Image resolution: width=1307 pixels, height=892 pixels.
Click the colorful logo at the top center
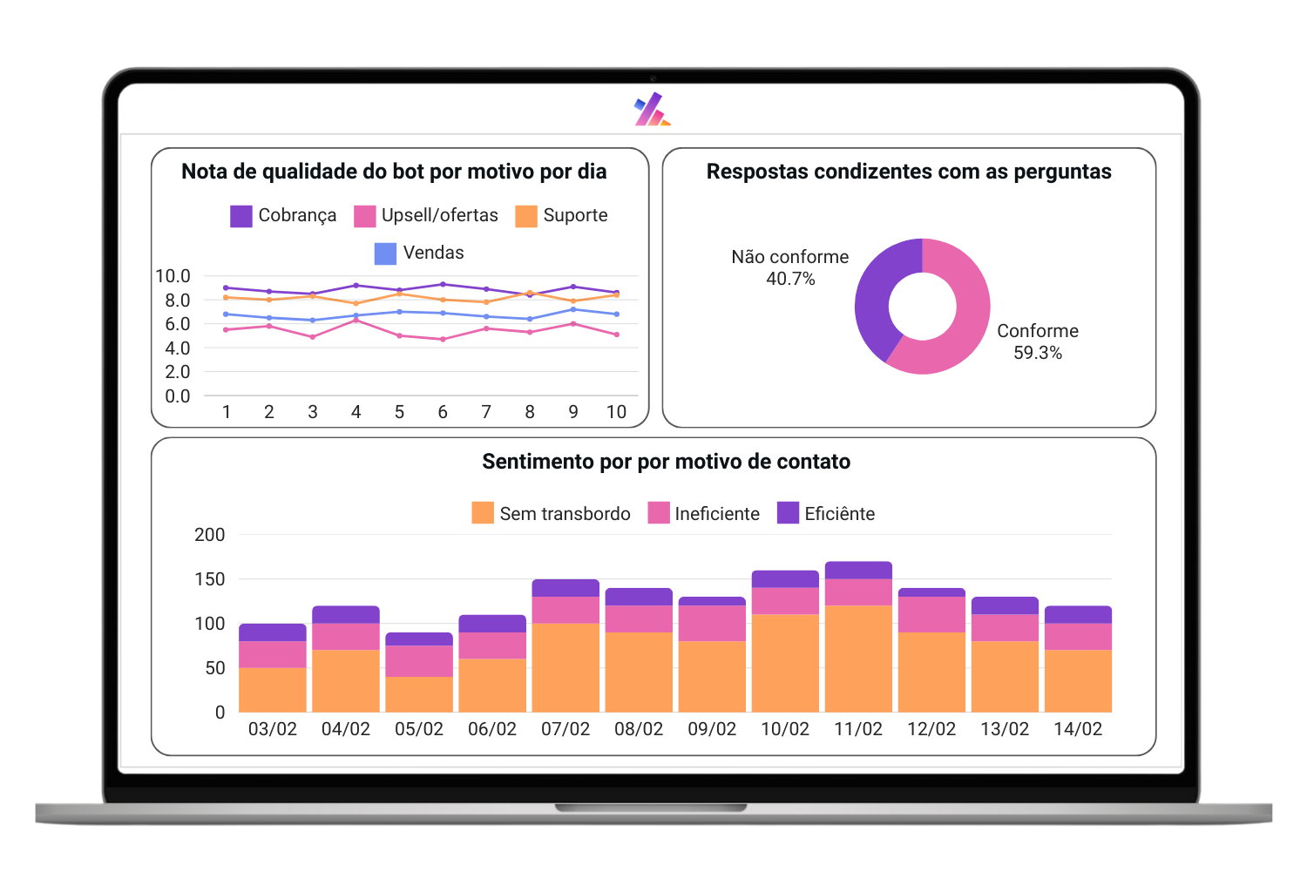652,110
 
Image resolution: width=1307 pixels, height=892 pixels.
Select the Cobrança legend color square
241,216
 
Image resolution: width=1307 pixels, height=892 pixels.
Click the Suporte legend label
575,216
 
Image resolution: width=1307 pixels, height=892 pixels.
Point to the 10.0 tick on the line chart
173,276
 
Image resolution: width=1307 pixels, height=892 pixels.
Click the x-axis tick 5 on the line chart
399,412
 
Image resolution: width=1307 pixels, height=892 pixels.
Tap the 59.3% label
1037,353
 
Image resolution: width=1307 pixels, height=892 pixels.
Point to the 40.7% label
790,279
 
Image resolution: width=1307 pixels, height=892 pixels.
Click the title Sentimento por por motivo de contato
666,462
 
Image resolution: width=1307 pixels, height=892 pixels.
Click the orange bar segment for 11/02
858,659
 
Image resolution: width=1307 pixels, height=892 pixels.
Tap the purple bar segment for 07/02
565,588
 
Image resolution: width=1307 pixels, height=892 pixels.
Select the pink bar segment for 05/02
419,661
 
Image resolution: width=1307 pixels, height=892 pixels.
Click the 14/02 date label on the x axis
1078,729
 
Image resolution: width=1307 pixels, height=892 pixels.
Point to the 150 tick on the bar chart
209,579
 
